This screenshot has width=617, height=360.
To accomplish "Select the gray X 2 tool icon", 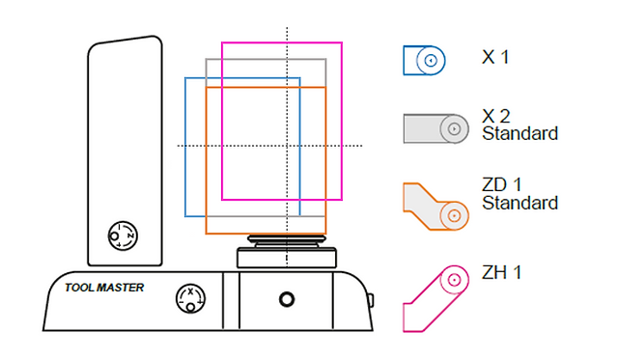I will (434, 127).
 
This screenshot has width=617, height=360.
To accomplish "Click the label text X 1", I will (495, 58).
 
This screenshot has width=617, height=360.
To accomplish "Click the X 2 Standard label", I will (519, 125).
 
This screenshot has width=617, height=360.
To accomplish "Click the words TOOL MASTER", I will (104, 288).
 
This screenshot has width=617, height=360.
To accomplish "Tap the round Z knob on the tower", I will (123, 235).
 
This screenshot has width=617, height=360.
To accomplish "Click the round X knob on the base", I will (189, 298).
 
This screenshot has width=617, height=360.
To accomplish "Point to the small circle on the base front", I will (286, 298).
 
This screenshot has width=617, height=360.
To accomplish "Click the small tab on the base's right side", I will (370, 299).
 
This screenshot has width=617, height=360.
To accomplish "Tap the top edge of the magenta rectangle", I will (282, 42).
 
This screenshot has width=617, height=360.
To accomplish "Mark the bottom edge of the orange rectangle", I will (266, 234).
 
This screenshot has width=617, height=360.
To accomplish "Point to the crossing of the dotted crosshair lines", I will (287, 146).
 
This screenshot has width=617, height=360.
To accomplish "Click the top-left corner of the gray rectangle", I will (207, 59).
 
